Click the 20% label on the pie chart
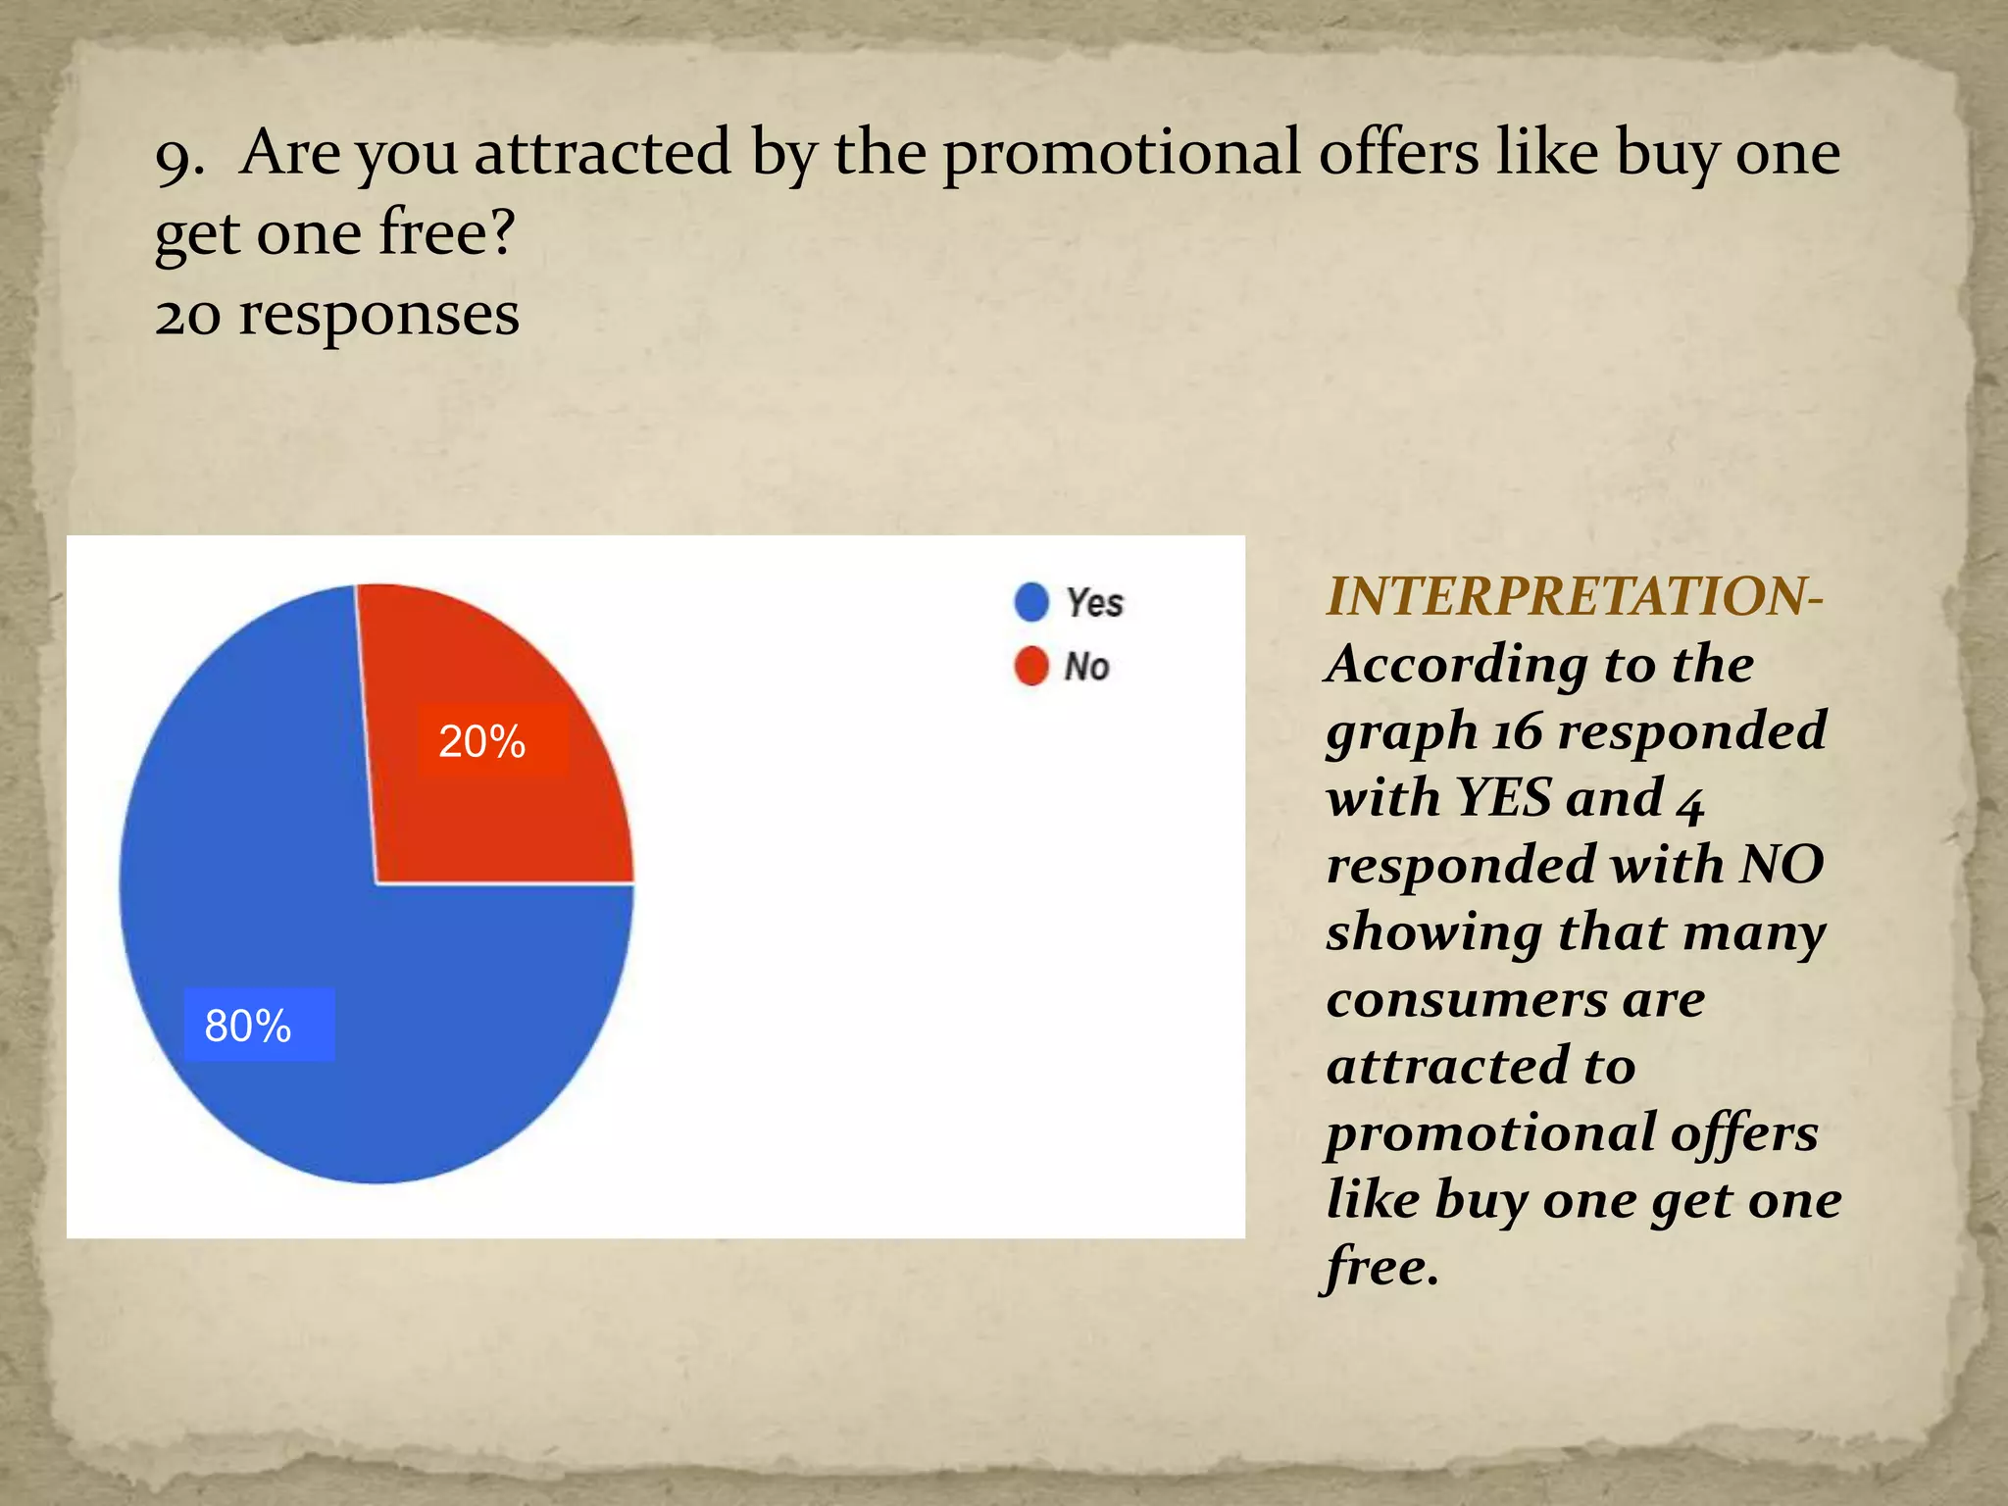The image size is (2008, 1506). (482, 741)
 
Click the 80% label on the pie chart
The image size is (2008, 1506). (248, 1026)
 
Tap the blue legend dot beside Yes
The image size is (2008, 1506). (1031, 602)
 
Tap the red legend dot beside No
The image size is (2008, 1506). (1031, 667)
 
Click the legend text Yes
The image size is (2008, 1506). (1094, 602)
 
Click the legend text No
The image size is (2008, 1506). (1086, 667)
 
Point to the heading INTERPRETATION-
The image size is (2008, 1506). (1574, 596)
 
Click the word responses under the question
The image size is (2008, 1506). (379, 316)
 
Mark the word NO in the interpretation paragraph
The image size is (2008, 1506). (1782, 865)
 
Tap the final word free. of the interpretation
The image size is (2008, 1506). (1380, 1266)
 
